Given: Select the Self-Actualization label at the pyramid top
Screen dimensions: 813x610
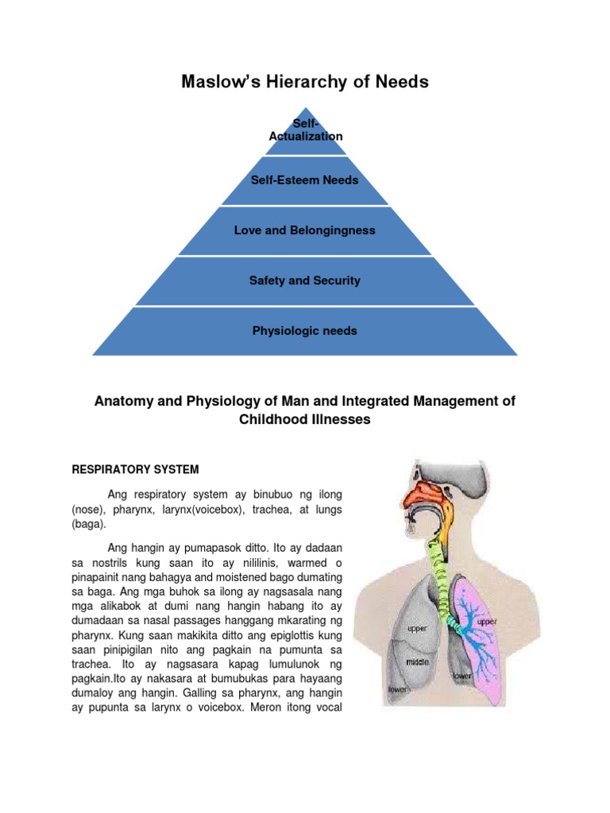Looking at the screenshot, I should coord(306,130).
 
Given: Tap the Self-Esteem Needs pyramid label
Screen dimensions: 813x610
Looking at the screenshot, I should coord(305,180).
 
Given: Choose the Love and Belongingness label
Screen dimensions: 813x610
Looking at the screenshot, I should coord(305,230).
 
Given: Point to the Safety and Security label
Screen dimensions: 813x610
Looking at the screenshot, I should coord(305,280).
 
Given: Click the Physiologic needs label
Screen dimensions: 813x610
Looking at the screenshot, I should coord(305,330).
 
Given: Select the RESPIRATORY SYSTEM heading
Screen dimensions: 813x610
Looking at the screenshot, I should coord(146,469).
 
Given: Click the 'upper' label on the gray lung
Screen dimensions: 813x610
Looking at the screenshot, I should coord(418,628).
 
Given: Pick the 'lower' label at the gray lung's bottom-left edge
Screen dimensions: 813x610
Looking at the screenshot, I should coord(397,690).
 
